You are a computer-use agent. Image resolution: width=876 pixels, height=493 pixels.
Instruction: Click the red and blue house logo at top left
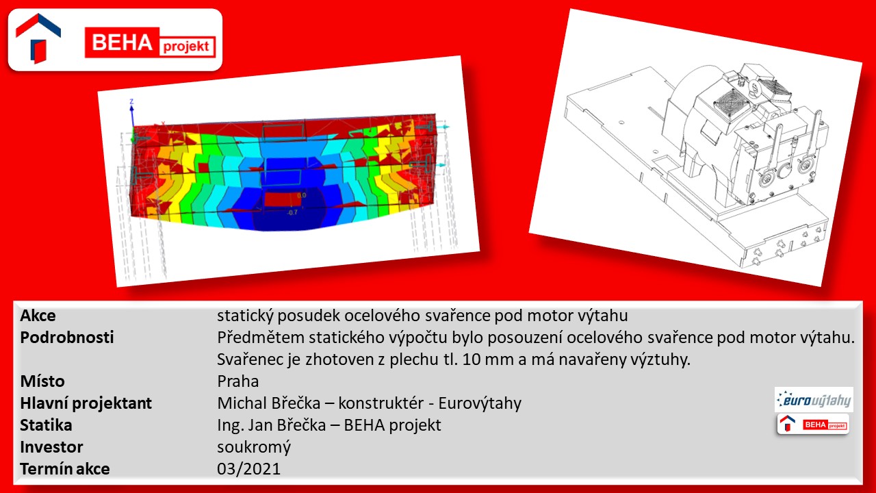click(x=38, y=38)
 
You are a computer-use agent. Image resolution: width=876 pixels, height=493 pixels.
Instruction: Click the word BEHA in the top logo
click(x=122, y=42)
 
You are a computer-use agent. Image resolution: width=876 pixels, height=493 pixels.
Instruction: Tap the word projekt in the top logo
click(x=186, y=47)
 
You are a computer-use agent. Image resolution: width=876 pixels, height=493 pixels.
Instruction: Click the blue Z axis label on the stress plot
click(x=132, y=102)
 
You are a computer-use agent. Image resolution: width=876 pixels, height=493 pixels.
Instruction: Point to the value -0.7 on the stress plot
click(x=292, y=212)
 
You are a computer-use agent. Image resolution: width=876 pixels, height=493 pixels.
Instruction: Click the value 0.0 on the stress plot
click(x=302, y=195)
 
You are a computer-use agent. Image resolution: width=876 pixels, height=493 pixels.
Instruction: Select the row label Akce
click(x=38, y=316)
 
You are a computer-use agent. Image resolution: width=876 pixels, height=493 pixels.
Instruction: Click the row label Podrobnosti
click(x=67, y=338)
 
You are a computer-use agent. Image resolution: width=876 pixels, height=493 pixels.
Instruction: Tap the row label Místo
click(x=42, y=381)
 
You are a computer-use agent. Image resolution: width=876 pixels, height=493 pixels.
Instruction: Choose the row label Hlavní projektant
click(x=86, y=403)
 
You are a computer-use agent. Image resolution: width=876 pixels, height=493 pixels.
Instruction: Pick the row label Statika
click(x=46, y=425)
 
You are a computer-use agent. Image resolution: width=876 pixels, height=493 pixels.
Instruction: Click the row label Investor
click(x=51, y=447)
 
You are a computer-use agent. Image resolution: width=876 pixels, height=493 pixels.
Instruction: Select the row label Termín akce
click(x=65, y=469)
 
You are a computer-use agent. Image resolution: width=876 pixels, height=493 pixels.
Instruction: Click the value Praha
click(x=237, y=381)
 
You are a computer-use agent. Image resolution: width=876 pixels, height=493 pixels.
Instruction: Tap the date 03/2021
click(x=248, y=469)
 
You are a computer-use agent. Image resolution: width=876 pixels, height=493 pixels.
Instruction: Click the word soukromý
click(x=254, y=447)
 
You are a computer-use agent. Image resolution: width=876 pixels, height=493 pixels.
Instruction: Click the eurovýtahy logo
click(x=814, y=399)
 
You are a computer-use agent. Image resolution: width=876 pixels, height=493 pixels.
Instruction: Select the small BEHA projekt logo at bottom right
click(x=813, y=424)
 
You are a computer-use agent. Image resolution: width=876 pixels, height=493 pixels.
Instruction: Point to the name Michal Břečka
click(x=269, y=403)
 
